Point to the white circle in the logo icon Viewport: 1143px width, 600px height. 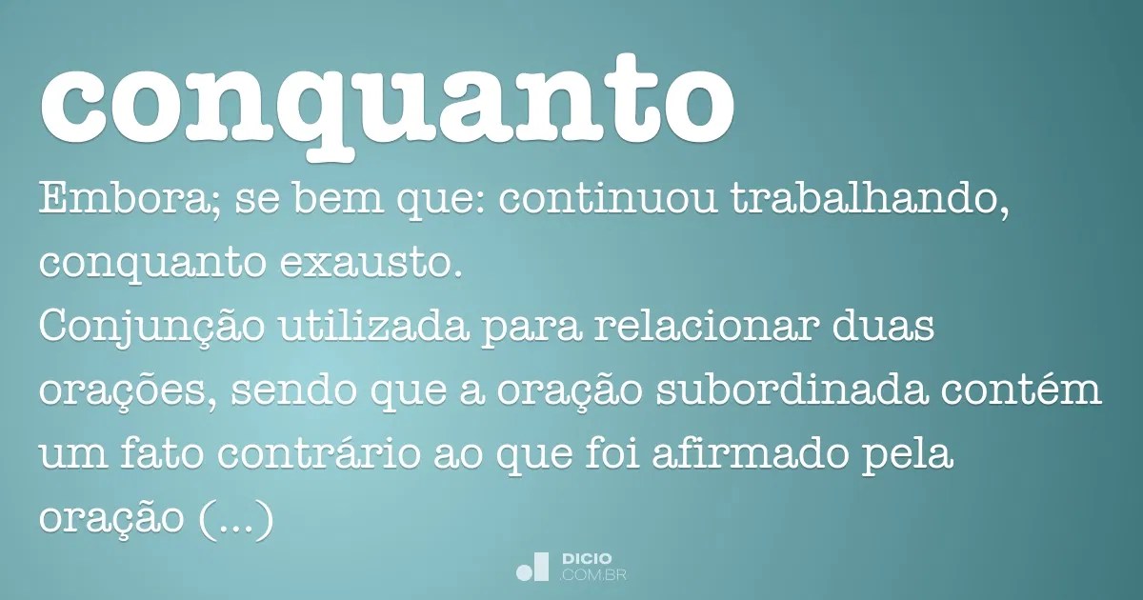tap(524, 571)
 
